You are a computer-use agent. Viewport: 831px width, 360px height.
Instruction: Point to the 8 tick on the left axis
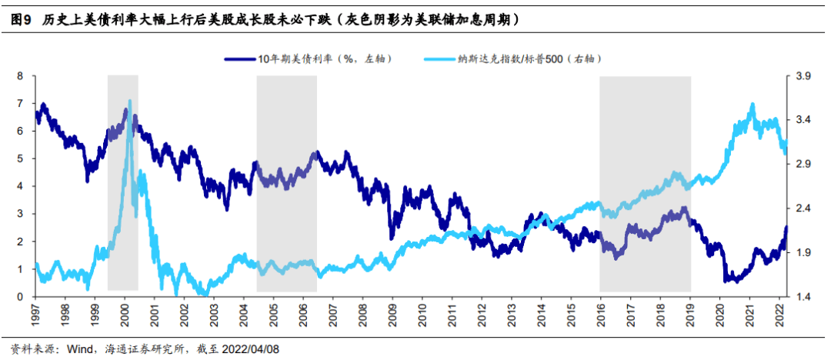click(x=21, y=76)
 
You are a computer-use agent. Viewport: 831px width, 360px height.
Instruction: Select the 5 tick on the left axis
click(x=21, y=158)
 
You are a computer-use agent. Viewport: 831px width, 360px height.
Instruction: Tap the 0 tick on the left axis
click(x=21, y=297)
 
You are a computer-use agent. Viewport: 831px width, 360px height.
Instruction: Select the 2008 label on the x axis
click(x=361, y=311)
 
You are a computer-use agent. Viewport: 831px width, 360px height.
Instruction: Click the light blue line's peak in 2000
click(x=129, y=101)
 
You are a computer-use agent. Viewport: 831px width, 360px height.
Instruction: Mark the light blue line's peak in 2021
click(x=753, y=104)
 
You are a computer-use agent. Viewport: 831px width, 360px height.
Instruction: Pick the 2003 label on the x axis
click(x=212, y=311)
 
